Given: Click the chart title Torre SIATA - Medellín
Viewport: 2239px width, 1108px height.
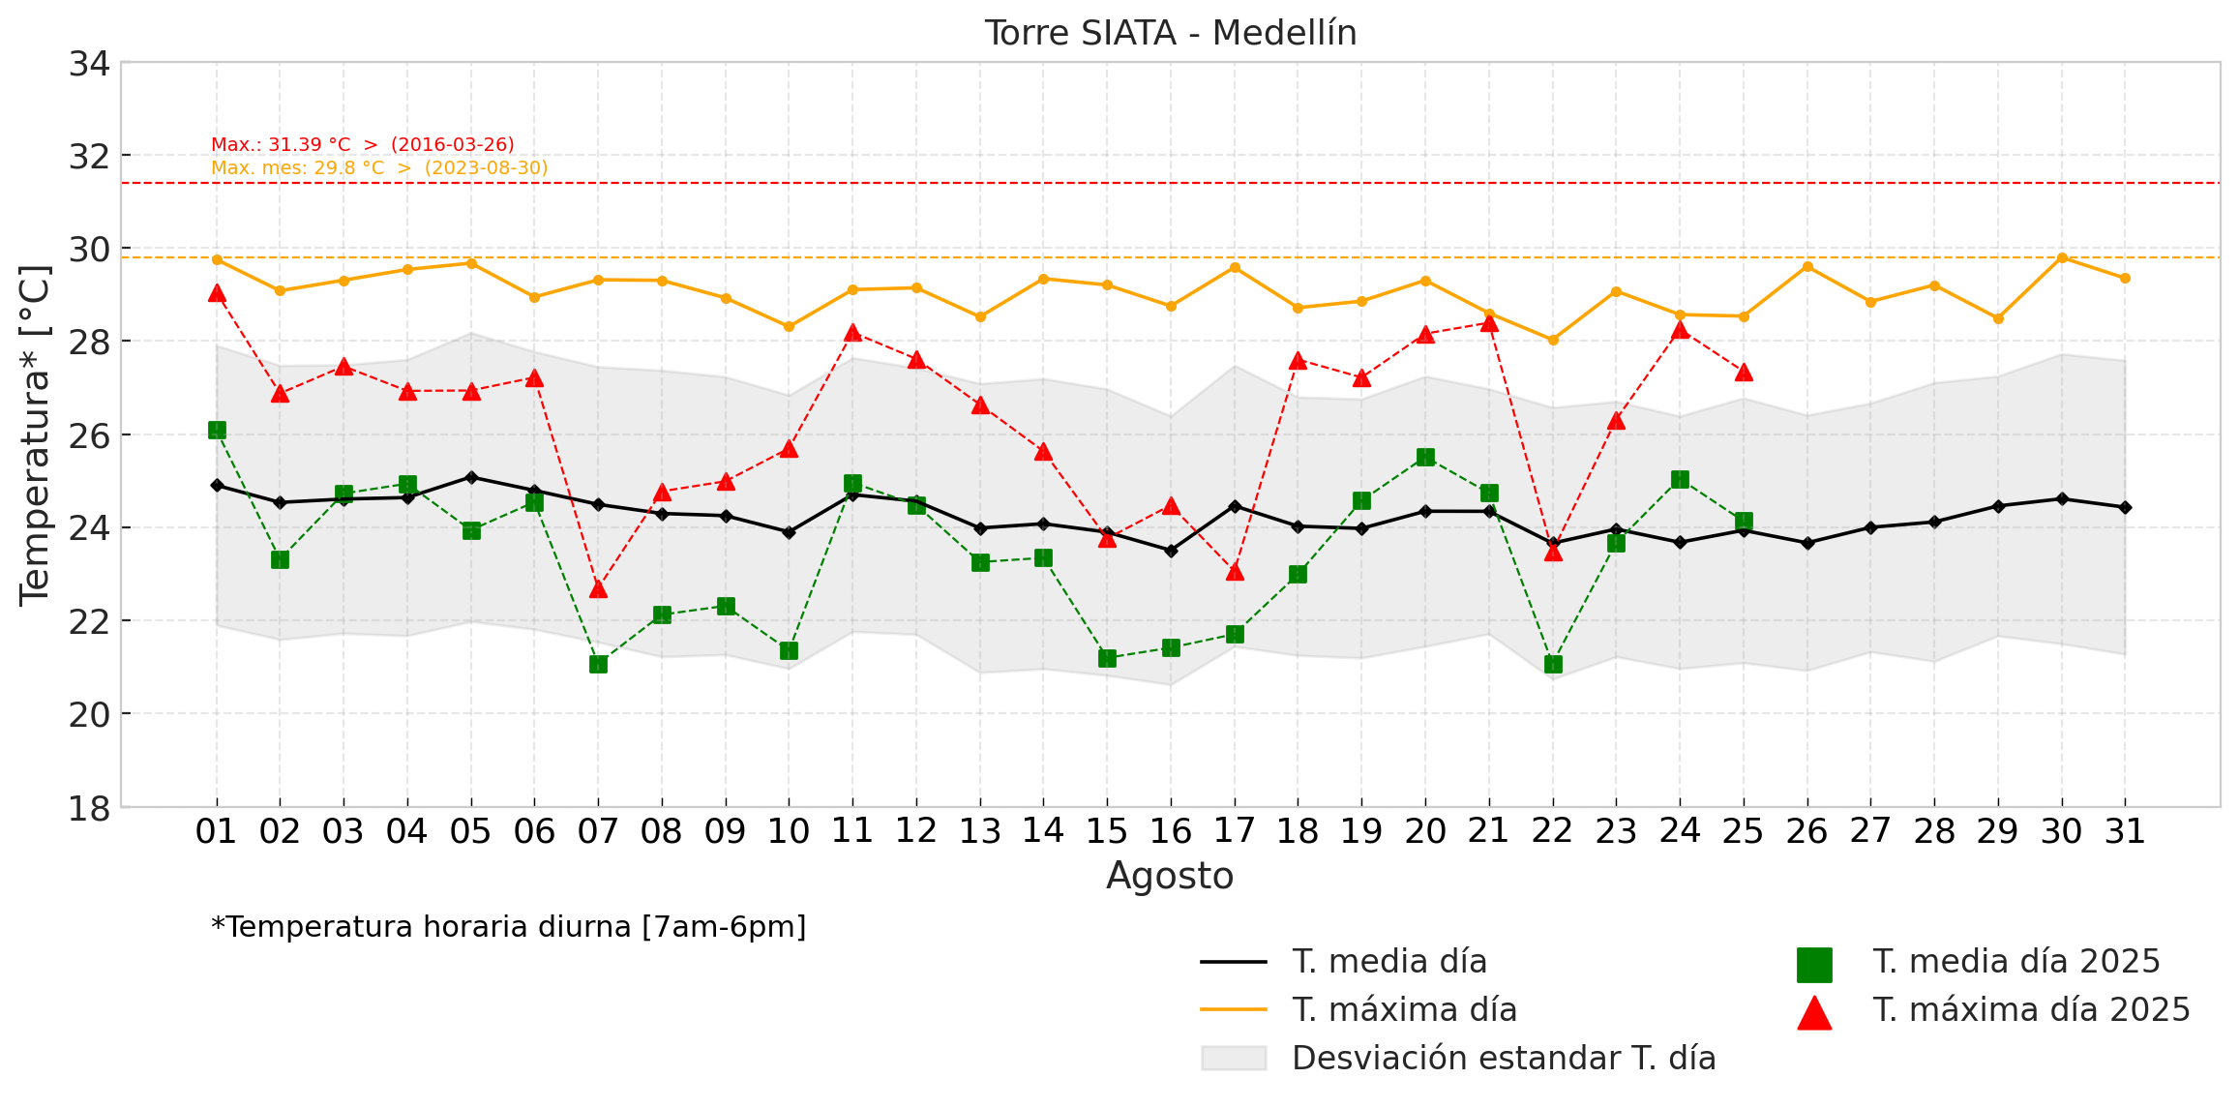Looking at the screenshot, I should click(1171, 33).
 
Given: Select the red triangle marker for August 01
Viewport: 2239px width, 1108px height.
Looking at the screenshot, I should click(217, 293).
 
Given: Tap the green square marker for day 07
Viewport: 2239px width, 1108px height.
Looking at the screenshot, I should click(598, 664).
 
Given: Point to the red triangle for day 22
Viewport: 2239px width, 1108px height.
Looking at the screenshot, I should click(1553, 552).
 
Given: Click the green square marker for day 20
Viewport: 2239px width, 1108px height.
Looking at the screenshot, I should click(1425, 457).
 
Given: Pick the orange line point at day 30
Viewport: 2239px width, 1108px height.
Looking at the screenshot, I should click(2062, 257).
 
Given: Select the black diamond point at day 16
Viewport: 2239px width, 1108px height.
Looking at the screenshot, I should click(1171, 551).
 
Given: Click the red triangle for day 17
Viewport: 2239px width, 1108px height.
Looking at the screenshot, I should click(1235, 572).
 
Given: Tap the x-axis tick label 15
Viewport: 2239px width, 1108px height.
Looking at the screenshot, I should click(1107, 831).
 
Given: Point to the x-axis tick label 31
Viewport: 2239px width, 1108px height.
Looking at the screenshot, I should click(2125, 831).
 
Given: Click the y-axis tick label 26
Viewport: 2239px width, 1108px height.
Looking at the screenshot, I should click(89, 435).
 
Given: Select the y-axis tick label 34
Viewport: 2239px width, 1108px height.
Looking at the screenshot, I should click(89, 64).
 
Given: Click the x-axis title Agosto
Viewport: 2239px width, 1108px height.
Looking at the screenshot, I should click(1170, 876).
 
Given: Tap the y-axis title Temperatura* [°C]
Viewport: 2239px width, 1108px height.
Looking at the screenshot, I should click(35, 435).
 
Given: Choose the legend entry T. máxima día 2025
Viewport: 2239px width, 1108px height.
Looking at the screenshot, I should click(2031, 1010).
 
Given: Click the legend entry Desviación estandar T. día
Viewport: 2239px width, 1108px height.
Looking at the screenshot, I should click(1503, 1059).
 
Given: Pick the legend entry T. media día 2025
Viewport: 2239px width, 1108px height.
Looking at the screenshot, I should click(2015, 962).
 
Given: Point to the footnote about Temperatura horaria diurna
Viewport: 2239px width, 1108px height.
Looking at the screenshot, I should click(509, 927).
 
